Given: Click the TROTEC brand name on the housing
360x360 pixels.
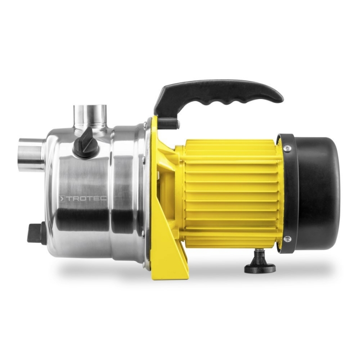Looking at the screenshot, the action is pos(86,198).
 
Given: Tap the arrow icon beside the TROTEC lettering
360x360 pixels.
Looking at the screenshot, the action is pos(62,198).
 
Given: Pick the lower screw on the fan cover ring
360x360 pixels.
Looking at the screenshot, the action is pos(287,239).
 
